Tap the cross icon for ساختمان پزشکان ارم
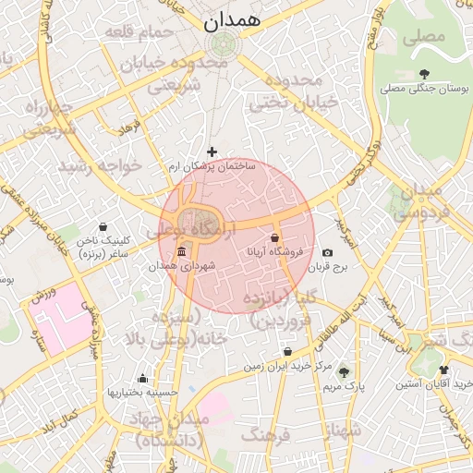coord(212,152)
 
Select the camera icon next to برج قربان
coord(327,253)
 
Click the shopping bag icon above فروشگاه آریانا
coord(275,237)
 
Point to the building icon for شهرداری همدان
coord(181,252)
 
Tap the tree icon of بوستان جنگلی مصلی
coord(424,74)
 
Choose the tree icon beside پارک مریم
coord(345,372)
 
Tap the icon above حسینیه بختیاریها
coord(142,378)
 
